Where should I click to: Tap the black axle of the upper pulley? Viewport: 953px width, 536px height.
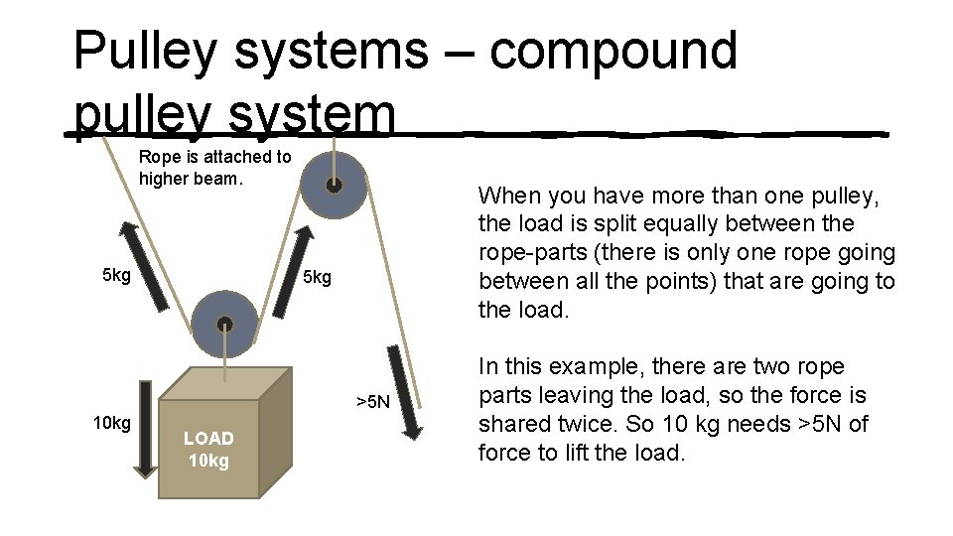[334, 185]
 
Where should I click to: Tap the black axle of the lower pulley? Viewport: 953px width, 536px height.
[224, 324]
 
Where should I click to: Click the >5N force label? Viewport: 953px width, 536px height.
[373, 402]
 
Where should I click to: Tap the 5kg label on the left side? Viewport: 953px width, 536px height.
[117, 275]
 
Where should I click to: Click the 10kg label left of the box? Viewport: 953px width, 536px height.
[111, 424]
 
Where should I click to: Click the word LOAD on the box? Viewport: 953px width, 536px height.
[208, 438]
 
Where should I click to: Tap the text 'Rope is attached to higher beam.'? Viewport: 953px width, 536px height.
[214, 168]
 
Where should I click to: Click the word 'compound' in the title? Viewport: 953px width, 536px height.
[613, 52]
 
